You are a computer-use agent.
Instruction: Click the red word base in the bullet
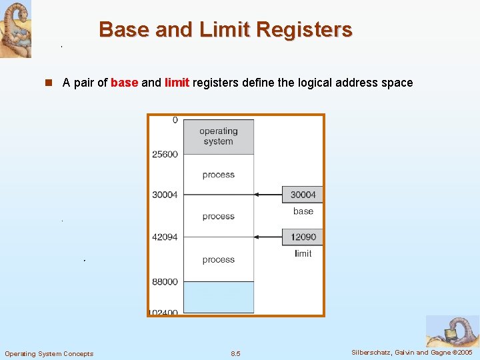coord(124,83)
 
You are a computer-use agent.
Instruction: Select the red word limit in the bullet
coord(177,83)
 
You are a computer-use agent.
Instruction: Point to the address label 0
coord(175,120)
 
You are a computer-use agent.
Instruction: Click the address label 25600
coord(165,154)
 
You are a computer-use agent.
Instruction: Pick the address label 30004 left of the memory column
coord(165,195)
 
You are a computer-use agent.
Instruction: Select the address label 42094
coord(165,237)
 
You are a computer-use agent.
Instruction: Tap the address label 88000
coord(165,281)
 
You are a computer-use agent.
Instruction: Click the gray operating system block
coord(218,137)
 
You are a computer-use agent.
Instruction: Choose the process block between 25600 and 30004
coord(218,175)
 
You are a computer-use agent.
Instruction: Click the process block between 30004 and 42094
coord(218,216)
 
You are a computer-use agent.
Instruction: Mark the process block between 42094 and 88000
coord(218,259)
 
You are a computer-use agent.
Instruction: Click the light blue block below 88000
coord(218,297)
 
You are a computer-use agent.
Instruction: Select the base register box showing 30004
coord(303,195)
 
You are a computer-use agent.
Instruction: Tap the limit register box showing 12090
coord(303,237)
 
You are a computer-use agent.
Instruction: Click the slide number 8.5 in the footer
coord(235,353)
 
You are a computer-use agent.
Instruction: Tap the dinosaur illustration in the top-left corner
coord(15,29)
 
